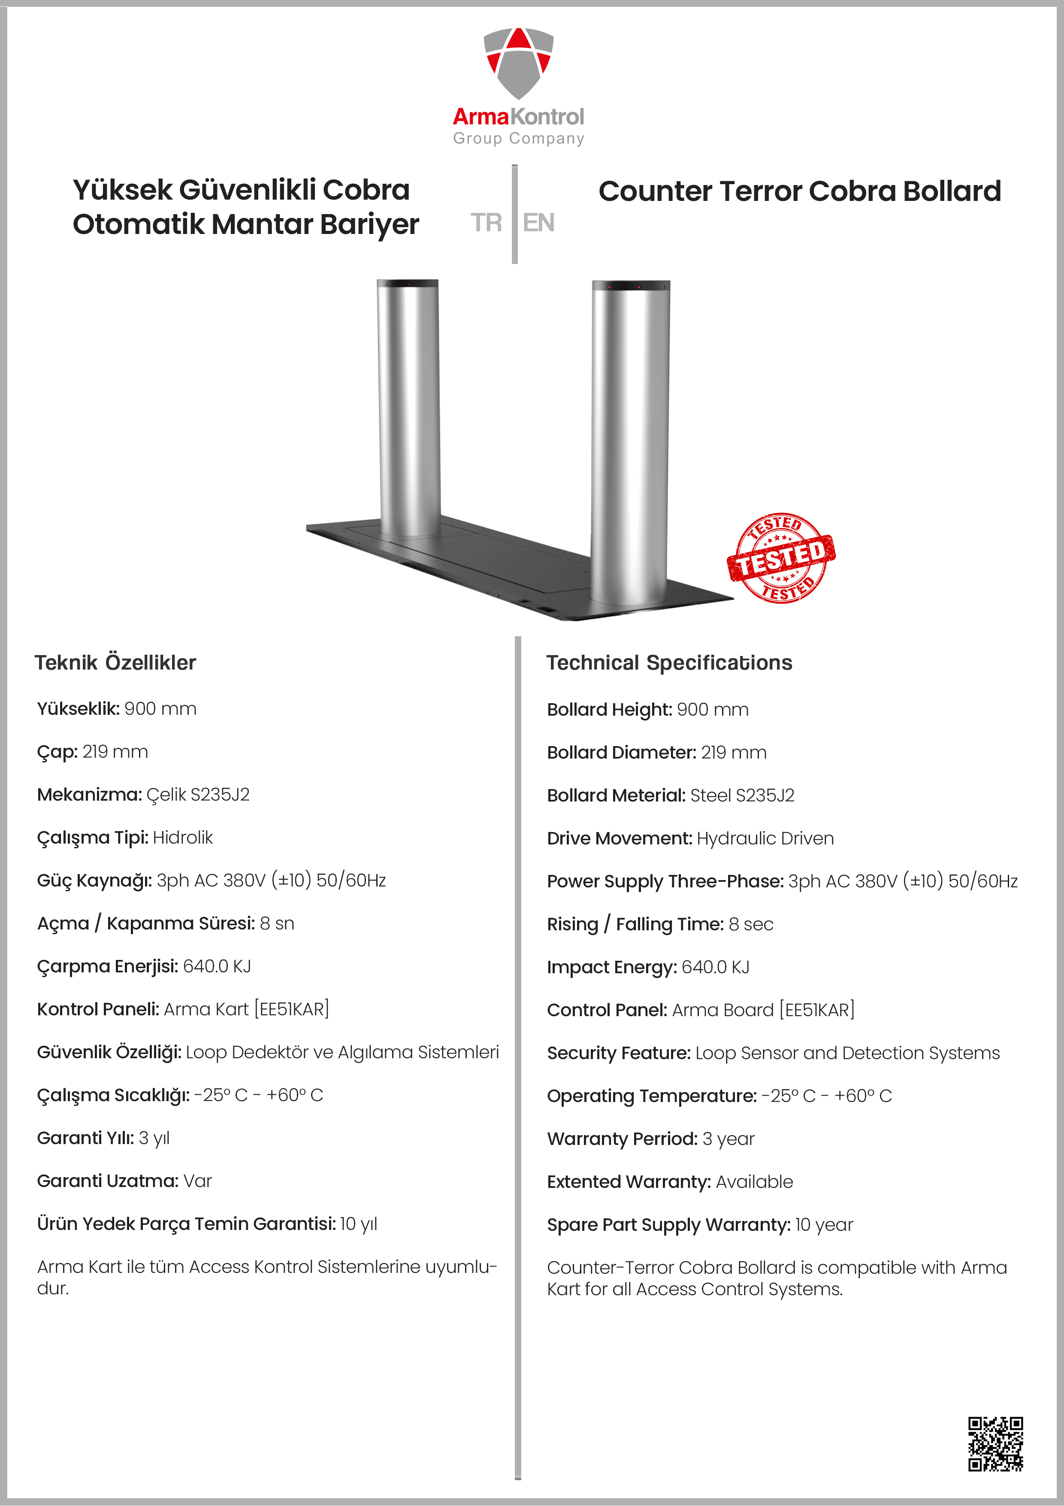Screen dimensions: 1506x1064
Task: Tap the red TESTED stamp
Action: click(x=781, y=558)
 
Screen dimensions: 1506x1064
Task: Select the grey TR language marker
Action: click(x=486, y=223)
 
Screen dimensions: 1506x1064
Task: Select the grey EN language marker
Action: click(x=539, y=223)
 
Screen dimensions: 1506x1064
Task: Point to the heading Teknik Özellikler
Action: click(x=115, y=662)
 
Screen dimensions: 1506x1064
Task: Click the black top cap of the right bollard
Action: click(x=631, y=286)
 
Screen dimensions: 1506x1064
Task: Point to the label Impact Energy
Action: click(x=611, y=968)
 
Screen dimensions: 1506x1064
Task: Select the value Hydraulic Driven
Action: click(x=765, y=838)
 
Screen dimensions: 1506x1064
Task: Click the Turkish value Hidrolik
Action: click(x=183, y=838)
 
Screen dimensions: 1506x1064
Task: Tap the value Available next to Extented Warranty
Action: click(x=754, y=1182)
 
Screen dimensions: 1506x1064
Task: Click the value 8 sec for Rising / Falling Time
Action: click(x=751, y=924)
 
